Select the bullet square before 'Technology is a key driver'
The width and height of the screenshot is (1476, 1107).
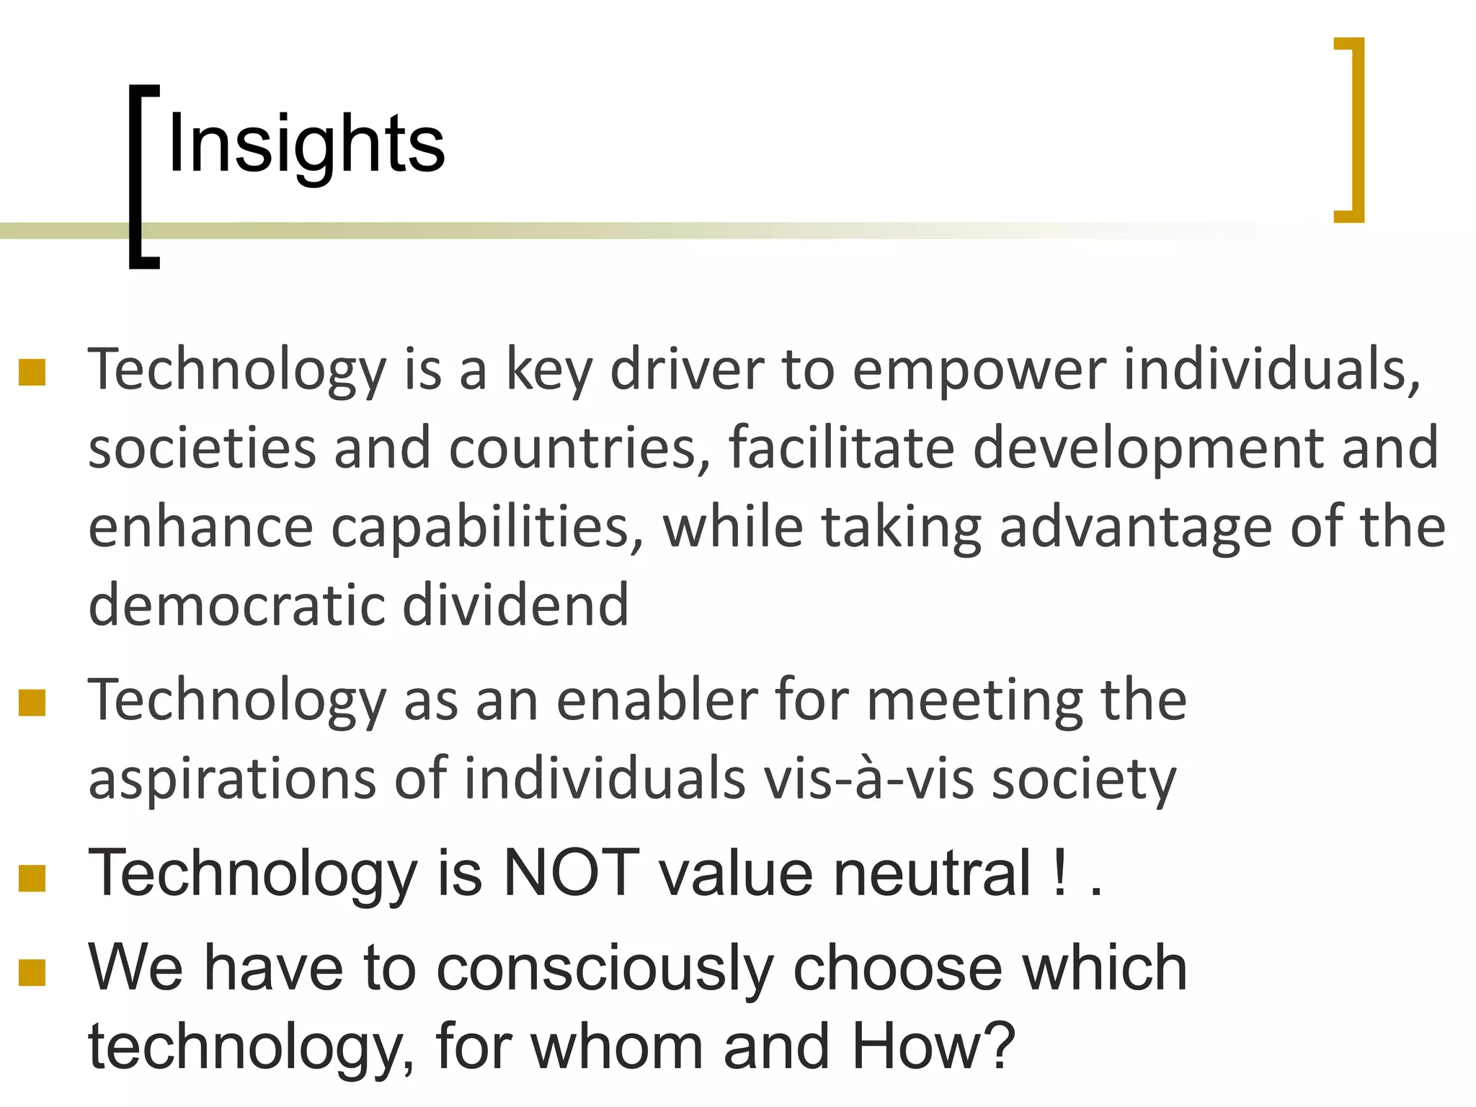tap(32, 373)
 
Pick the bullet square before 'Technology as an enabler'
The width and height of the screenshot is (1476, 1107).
tap(32, 703)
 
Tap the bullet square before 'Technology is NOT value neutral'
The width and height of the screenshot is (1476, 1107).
tap(32, 879)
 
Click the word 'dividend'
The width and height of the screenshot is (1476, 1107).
tap(515, 605)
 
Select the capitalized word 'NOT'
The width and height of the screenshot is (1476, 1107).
tap(571, 873)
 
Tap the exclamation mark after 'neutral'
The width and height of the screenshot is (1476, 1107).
tap(1059, 873)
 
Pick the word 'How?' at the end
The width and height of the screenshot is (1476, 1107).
tap(933, 1046)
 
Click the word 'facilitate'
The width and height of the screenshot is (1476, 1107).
tap(841, 448)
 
